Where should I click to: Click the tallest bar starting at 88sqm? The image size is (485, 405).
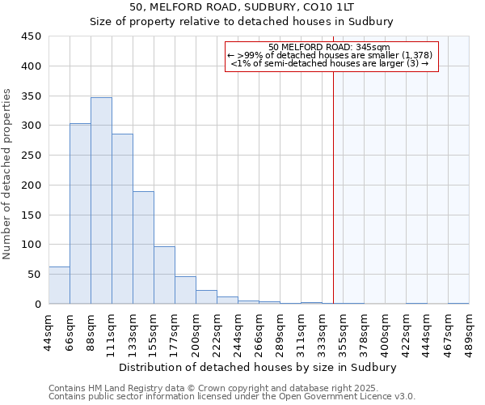(101, 201)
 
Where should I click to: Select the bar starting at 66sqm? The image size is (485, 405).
(80, 214)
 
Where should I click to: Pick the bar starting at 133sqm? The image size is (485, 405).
(143, 248)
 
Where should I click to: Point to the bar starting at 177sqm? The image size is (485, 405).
(185, 290)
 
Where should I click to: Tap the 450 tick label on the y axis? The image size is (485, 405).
(31, 36)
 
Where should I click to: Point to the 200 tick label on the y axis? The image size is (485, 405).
(31, 185)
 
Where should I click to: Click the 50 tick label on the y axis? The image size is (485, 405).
(34, 275)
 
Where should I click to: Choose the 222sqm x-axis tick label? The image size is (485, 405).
(217, 331)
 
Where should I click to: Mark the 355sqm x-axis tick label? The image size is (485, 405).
(343, 331)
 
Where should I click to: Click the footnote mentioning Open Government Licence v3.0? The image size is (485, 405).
(232, 397)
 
